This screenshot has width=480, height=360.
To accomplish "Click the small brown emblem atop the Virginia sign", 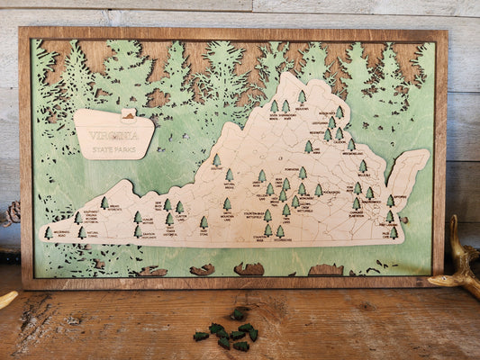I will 129,115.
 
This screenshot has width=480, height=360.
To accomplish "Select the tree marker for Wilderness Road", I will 49,232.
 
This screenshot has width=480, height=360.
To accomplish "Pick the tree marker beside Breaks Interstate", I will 104,203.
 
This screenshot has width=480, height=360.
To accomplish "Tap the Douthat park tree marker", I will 216,160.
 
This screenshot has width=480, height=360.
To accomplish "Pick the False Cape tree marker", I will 394,231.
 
